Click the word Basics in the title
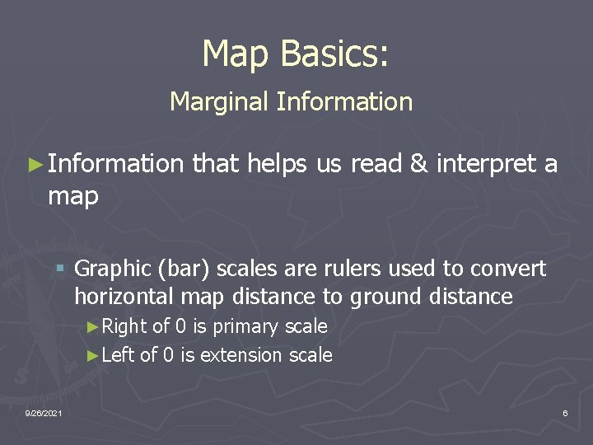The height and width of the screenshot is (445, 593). tap(334, 54)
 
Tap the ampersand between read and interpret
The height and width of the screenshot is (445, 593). tap(418, 165)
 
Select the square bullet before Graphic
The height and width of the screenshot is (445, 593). tap(61, 269)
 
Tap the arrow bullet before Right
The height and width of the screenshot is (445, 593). tap(92, 327)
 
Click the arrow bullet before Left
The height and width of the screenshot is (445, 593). tap(92, 355)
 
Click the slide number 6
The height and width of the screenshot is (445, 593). tap(565, 412)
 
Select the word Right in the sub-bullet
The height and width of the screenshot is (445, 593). tap(124, 327)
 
